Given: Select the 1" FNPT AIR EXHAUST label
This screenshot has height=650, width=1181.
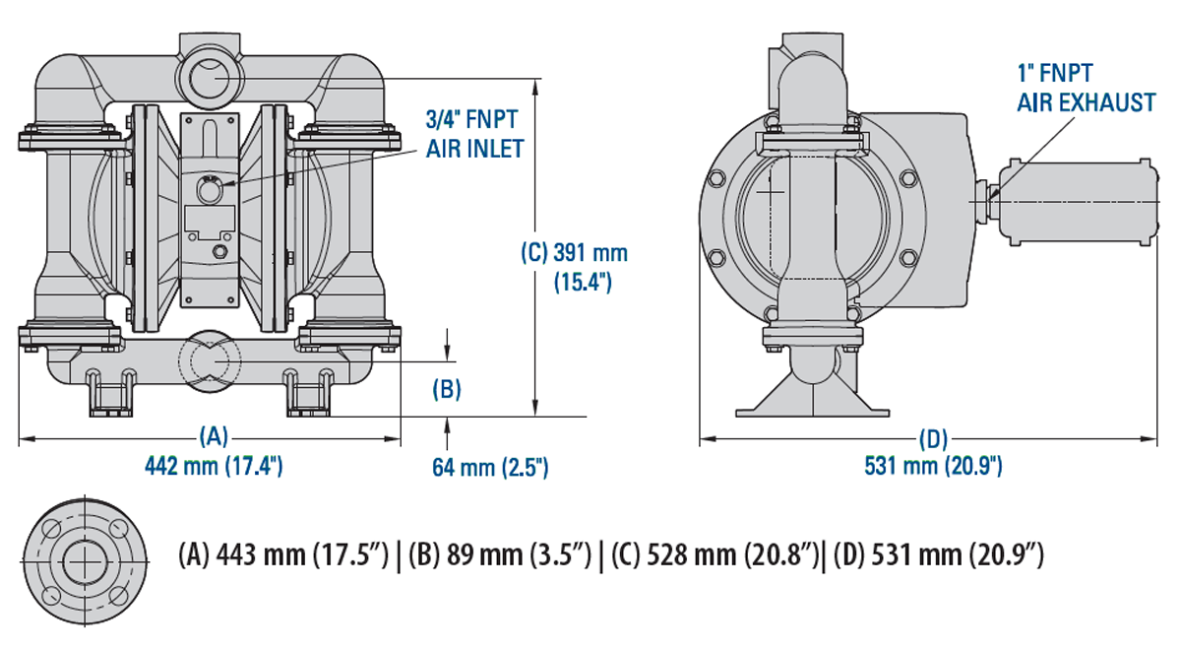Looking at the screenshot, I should tap(1086, 87).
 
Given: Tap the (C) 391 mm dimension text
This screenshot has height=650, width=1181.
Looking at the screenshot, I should tap(574, 252).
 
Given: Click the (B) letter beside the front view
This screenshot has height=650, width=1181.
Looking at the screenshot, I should tap(447, 389).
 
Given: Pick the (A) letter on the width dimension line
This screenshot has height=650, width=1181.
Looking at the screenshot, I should tap(214, 435).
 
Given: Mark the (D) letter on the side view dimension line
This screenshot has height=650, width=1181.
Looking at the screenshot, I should tap(931, 437).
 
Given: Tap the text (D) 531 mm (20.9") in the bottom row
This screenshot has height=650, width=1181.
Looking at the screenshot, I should tap(937, 556).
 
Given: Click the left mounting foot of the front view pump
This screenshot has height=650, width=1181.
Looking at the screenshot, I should tap(110, 391).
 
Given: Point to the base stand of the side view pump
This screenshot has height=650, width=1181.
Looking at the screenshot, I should tap(814, 398).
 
